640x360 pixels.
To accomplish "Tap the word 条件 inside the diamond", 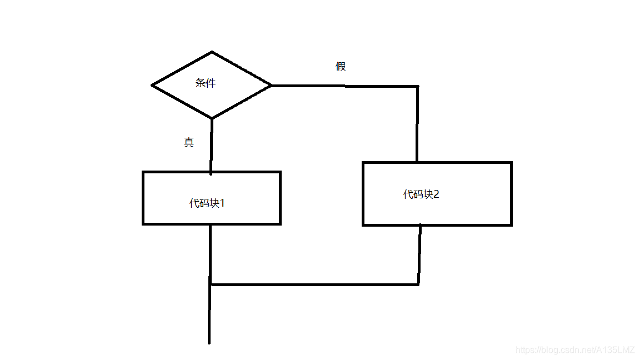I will point(206,83).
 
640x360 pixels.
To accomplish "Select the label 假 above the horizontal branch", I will point(341,67).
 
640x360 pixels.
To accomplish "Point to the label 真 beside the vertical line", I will point(189,142).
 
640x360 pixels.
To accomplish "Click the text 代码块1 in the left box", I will point(207,203).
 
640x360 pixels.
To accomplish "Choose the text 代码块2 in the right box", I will point(421,194).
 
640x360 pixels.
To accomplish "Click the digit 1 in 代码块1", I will point(222,203).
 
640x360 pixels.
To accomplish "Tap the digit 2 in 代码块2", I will point(436,194).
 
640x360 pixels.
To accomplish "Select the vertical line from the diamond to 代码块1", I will point(211,146).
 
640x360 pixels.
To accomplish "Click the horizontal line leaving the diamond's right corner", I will point(344,86).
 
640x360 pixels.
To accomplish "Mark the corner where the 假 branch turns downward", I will point(417,87).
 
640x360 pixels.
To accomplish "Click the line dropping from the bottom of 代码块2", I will point(419,254).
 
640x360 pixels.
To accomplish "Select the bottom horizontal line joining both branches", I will point(314,284).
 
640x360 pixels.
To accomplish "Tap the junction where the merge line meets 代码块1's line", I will point(211,284).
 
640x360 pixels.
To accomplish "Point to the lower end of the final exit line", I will point(209,342).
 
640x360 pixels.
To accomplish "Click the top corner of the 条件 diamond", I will point(212,52).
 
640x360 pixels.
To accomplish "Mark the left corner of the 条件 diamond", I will point(152,86).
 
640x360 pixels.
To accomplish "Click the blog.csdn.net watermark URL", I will point(575,350).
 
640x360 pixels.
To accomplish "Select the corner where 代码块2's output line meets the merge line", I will point(418,284).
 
